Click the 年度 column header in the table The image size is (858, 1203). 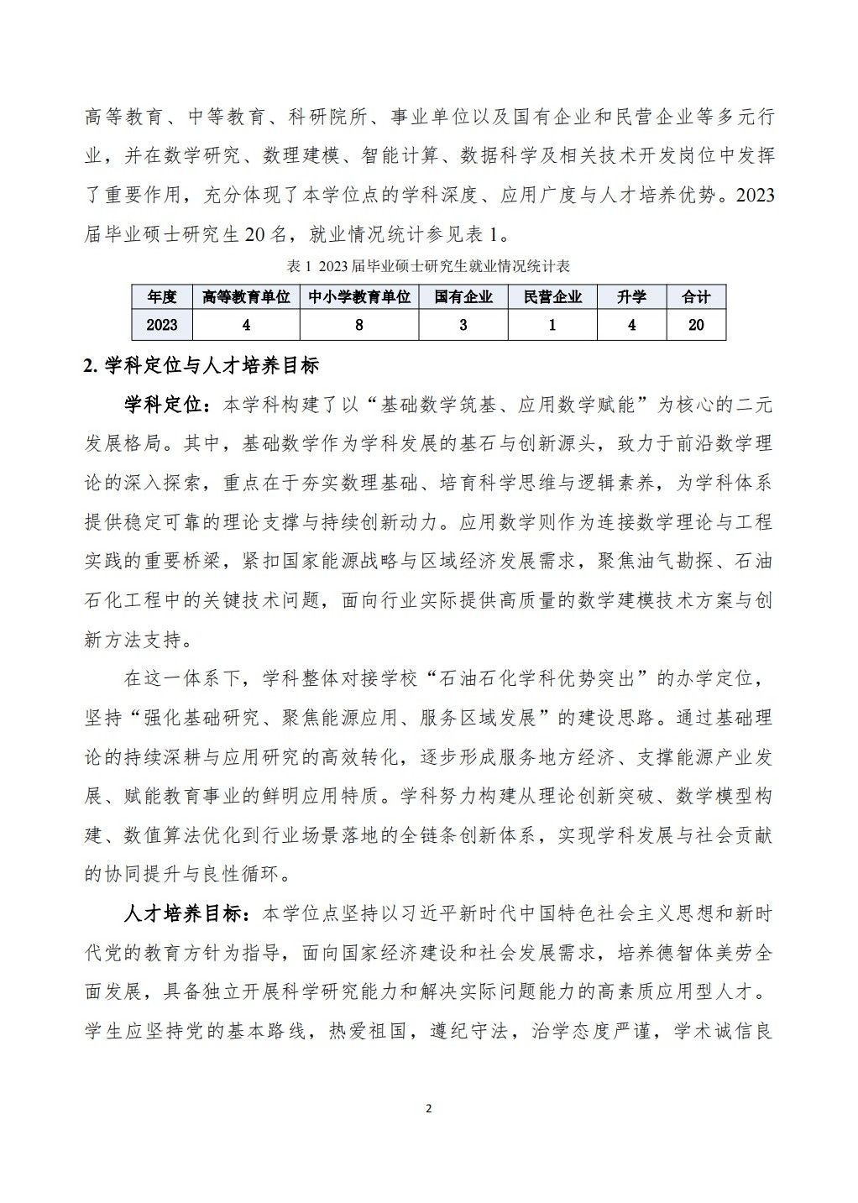tap(162, 297)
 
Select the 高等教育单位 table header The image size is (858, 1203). tap(246, 297)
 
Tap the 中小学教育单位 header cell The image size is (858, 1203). tap(359, 297)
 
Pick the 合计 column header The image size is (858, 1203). tap(696, 297)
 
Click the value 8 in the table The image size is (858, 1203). tap(359, 325)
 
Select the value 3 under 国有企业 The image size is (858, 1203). tap(463, 325)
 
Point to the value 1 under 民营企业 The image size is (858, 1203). tap(552, 325)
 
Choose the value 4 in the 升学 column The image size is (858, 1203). tap(632, 325)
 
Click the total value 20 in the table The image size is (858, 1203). tap(696, 325)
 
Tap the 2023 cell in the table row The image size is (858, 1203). tap(162, 325)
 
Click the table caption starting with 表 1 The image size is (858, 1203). tap(428, 266)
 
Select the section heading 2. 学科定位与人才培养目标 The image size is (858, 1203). tap(201, 366)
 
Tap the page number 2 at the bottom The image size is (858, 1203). tap(429, 1109)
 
